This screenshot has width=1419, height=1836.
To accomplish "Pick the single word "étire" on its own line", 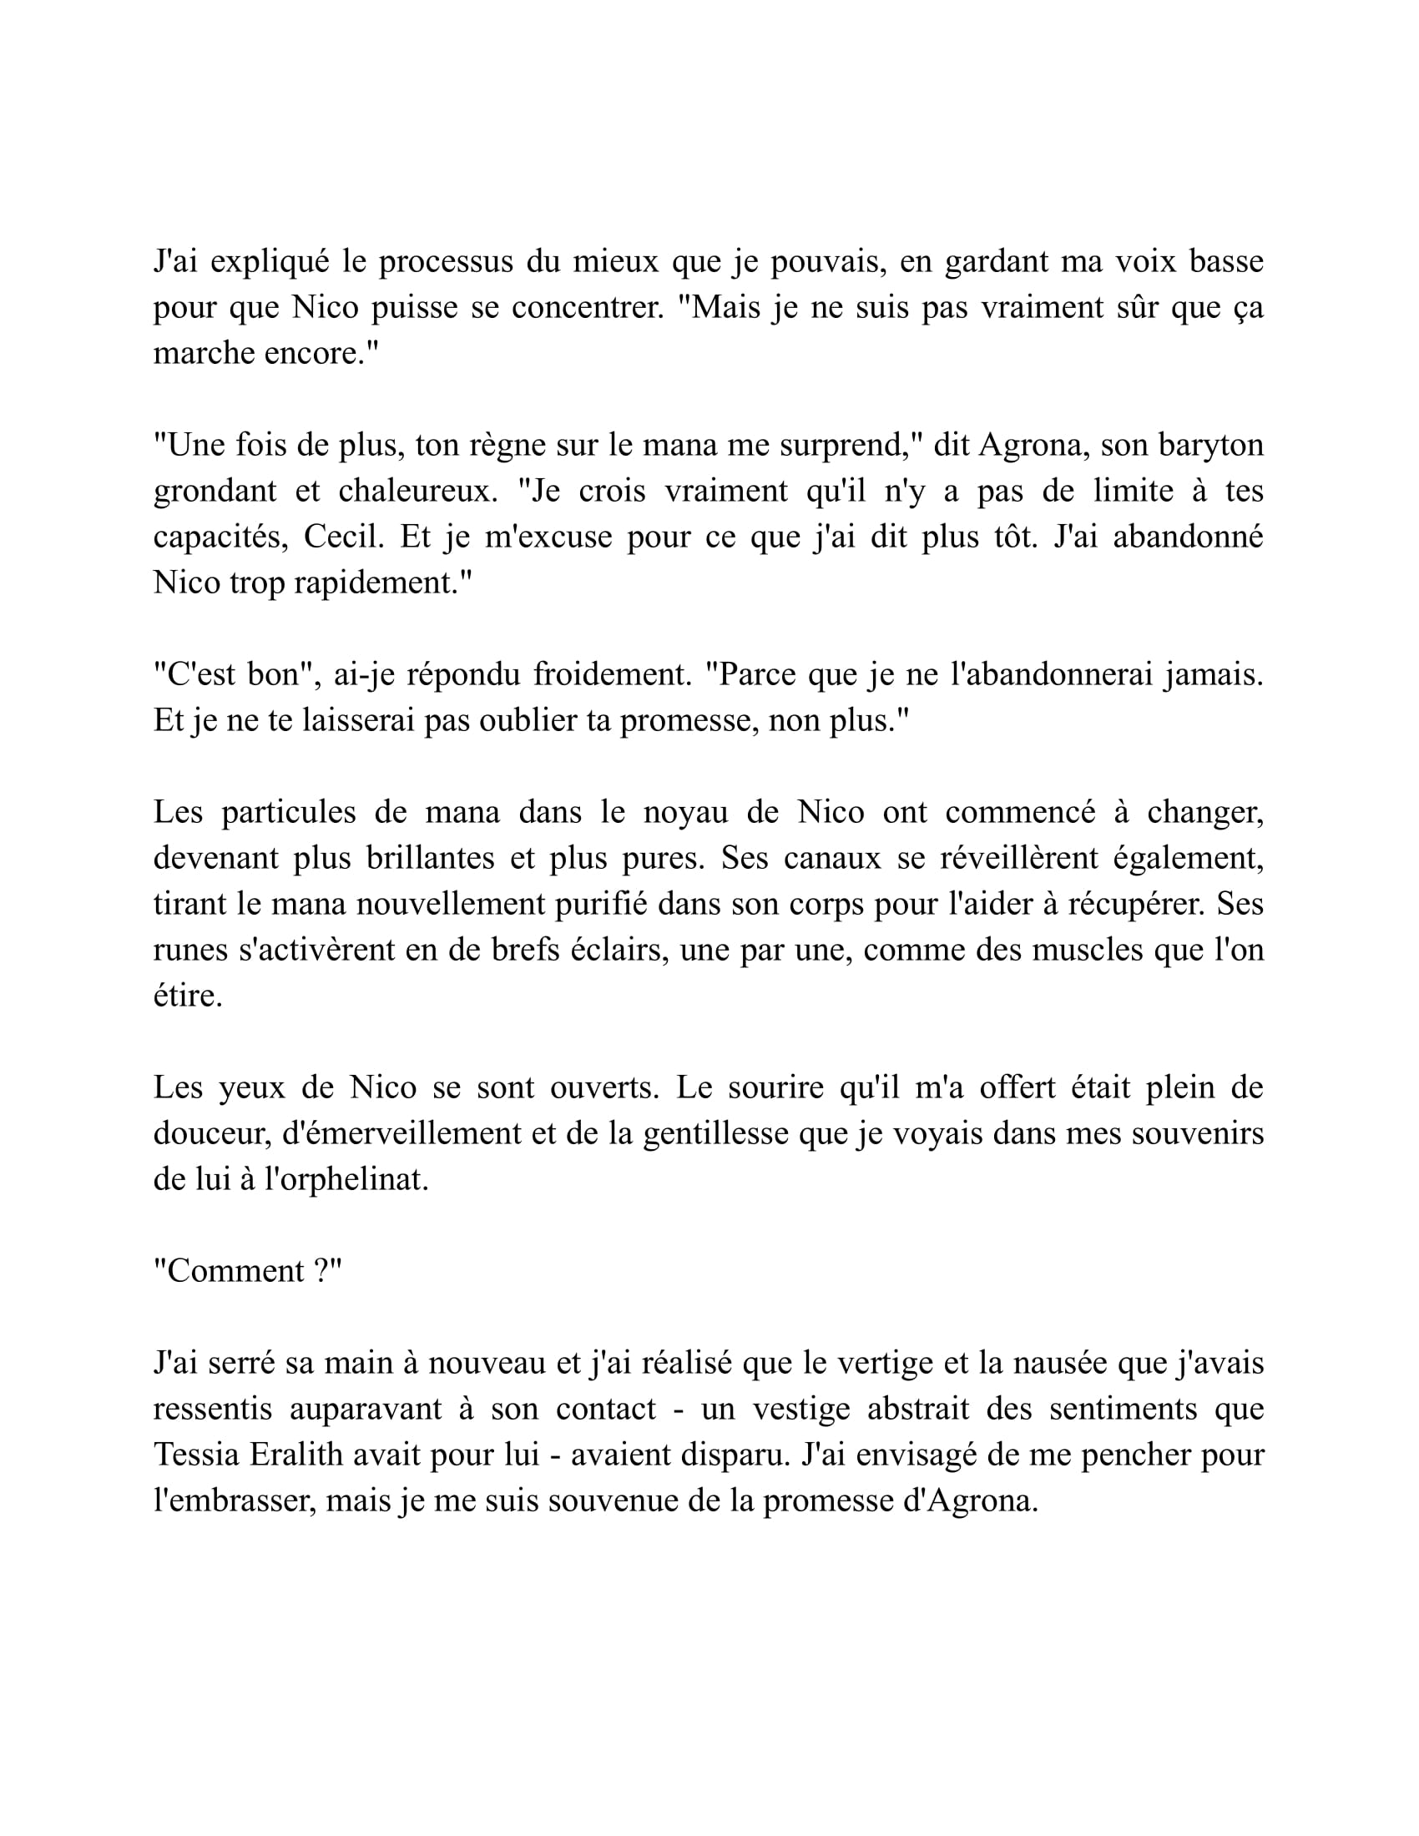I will (187, 997).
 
